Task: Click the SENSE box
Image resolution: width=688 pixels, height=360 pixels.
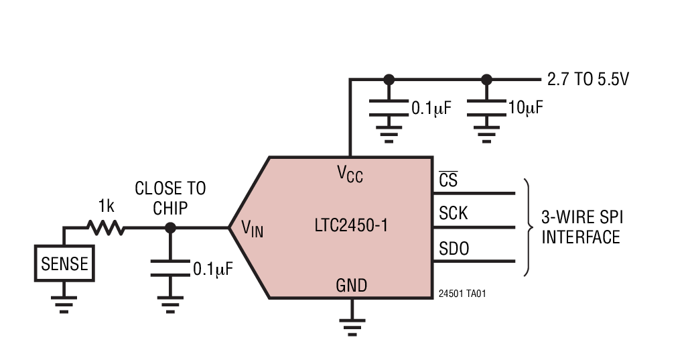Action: click(64, 263)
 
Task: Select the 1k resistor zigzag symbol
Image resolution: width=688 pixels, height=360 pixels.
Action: click(106, 227)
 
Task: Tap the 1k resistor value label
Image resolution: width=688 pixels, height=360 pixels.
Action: click(107, 204)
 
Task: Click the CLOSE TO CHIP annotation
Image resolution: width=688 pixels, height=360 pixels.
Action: click(170, 198)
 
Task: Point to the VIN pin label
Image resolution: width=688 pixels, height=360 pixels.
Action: click(252, 229)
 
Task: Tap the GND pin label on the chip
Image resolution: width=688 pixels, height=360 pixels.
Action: click(351, 286)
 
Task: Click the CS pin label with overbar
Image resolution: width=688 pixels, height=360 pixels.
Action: click(448, 180)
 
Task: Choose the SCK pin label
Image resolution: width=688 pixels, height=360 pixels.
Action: click(454, 214)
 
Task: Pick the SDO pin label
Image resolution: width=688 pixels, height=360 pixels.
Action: click(454, 249)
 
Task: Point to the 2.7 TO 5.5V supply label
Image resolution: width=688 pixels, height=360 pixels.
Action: click(588, 80)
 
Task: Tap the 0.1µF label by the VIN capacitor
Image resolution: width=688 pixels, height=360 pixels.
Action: click(212, 269)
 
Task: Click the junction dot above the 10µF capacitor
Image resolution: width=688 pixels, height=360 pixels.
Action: click(486, 79)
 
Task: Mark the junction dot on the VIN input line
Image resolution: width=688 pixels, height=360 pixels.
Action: click(170, 228)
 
